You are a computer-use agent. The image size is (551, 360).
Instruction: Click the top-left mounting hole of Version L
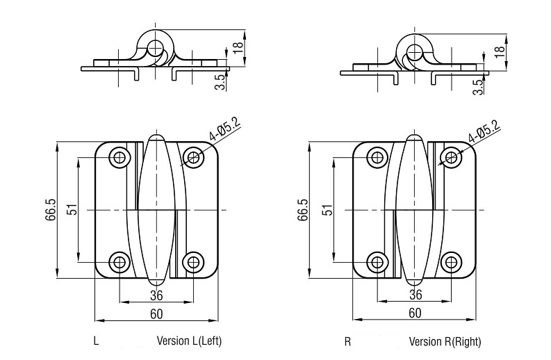point(120,157)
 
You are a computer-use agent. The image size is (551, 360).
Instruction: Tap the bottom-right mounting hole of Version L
point(193,262)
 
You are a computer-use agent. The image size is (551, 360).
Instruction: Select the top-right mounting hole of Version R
point(451,157)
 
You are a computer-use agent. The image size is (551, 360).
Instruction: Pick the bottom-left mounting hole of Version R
point(377,262)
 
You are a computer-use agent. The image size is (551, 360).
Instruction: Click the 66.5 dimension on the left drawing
point(50,210)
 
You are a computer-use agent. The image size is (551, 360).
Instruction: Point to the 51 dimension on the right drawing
point(327,210)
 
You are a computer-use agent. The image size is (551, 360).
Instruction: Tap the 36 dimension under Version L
point(156,295)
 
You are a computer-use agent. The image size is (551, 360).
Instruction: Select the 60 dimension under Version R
point(415,313)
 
